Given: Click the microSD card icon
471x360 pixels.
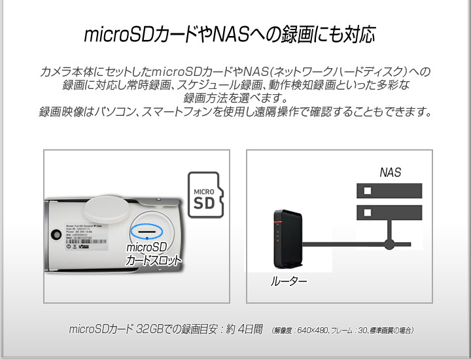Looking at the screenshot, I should click(205, 195).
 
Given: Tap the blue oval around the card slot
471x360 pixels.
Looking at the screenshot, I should click(147, 231).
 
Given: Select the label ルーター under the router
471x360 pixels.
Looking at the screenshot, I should click(288, 282).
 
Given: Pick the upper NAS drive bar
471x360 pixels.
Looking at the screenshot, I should click(389, 190).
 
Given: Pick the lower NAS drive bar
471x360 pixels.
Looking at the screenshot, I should click(389, 213).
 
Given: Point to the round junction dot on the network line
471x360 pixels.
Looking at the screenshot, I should click(389, 245).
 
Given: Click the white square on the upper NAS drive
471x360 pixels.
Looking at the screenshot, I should click(367, 190).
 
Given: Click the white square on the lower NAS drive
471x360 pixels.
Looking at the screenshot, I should click(367, 213).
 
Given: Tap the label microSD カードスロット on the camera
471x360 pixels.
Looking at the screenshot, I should click(153, 253).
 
